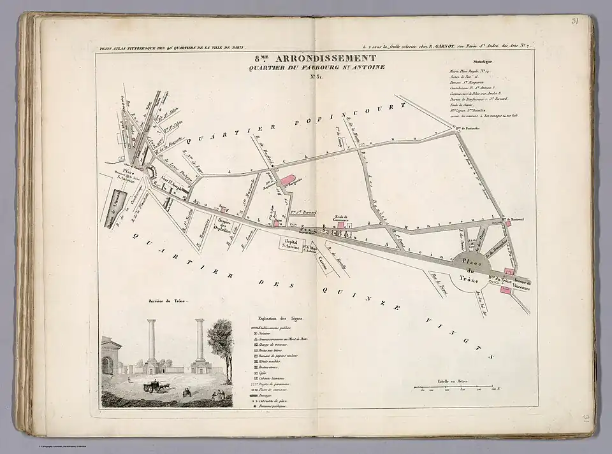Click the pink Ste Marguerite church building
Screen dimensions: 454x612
coord(286,183)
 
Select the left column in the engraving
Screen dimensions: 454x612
coord(152,344)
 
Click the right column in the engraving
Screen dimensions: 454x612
coord(200,344)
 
